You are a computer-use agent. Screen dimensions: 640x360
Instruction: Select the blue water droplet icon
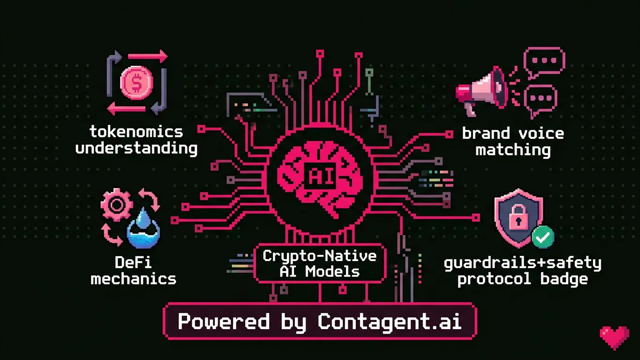pyautogui.click(x=143, y=230)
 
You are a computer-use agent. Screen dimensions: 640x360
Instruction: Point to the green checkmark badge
pyautogui.click(x=543, y=237)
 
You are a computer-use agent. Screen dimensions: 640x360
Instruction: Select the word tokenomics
pyautogui.click(x=136, y=132)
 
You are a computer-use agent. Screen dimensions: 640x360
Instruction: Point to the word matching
pyautogui.click(x=513, y=150)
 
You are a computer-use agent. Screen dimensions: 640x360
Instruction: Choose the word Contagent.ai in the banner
pyautogui.click(x=390, y=322)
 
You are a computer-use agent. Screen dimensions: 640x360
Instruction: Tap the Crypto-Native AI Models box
pyautogui.click(x=320, y=263)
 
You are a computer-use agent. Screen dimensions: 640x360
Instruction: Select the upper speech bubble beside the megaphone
pyautogui.click(x=544, y=61)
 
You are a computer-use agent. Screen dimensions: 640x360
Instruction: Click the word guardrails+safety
pyautogui.click(x=522, y=263)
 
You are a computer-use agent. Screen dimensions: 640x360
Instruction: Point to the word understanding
pyautogui.click(x=136, y=149)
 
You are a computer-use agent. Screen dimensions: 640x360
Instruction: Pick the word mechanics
pyautogui.click(x=134, y=279)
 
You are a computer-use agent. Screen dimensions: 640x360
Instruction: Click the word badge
pyautogui.click(x=564, y=279)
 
